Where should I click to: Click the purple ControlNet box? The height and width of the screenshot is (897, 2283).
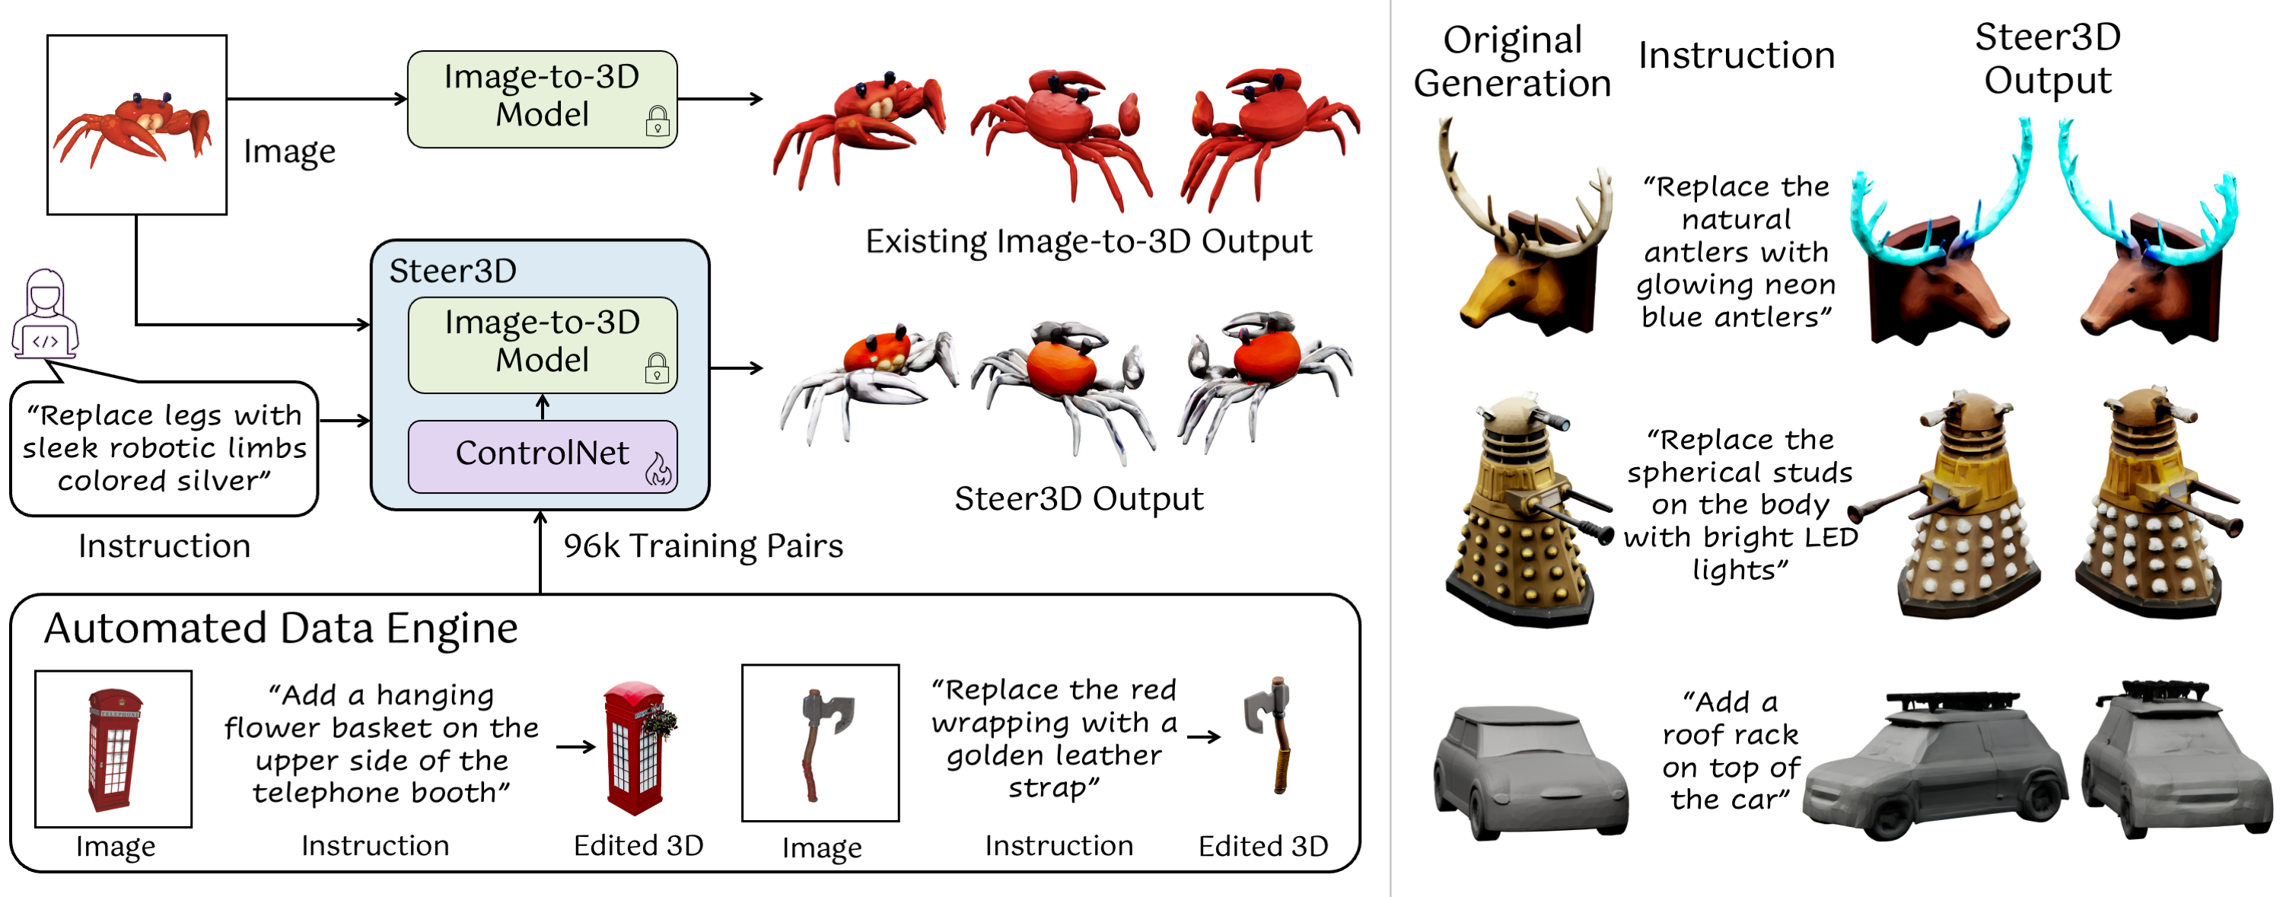tap(543, 456)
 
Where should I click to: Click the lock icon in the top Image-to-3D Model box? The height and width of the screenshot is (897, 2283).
tap(658, 120)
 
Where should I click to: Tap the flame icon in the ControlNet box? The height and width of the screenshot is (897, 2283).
tap(658, 469)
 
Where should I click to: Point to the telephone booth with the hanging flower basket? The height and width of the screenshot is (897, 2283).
tap(638, 748)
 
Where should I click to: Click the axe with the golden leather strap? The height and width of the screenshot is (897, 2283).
tap(1270, 736)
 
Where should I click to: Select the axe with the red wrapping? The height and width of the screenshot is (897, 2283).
tap(823, 743)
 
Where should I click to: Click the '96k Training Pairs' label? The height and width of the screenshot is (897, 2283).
tap(704, 546)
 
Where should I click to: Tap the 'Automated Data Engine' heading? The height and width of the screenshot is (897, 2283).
tap(281, 628)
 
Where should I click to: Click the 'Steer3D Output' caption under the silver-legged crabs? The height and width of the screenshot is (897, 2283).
tap(1078, 499)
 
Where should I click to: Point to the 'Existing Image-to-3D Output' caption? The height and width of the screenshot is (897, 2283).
tap(1088, 242)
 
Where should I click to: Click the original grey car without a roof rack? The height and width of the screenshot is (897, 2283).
tap(1530, 771)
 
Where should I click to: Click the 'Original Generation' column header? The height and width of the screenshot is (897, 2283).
tap(1512, 61)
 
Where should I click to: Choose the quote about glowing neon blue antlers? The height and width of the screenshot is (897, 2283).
tap(1735, 252)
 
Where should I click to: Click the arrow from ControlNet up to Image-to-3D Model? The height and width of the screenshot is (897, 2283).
tap(543, 407)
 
